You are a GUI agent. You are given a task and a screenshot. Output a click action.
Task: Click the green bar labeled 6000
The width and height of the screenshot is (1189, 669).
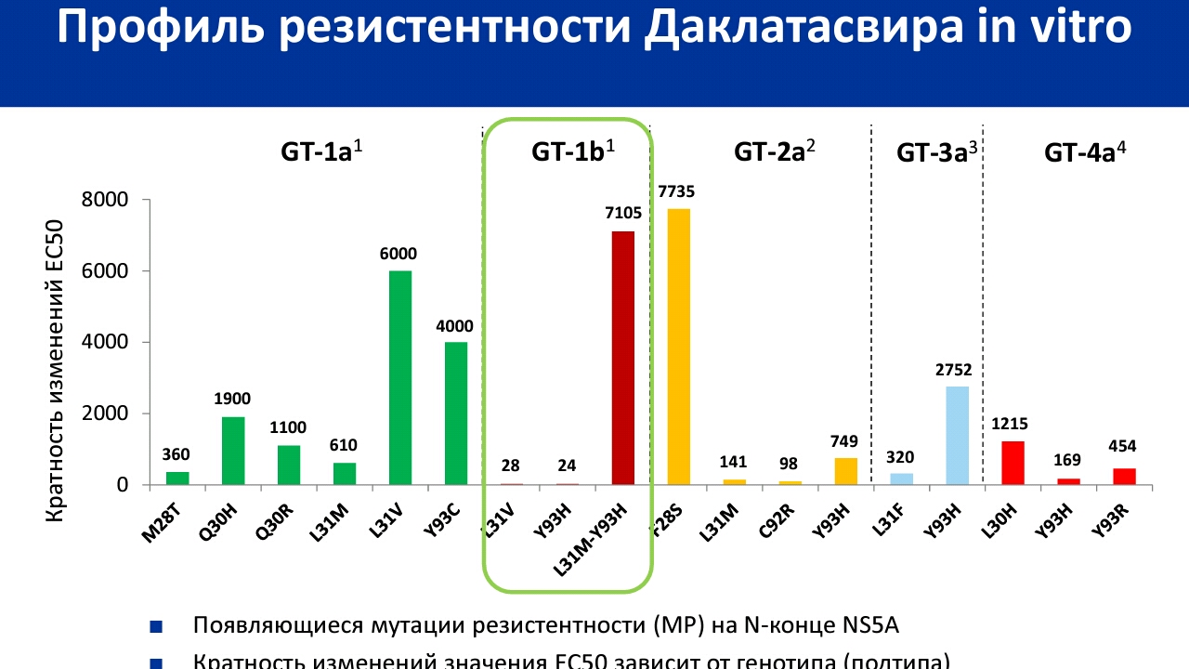pyautogui.click(x=400, y=377)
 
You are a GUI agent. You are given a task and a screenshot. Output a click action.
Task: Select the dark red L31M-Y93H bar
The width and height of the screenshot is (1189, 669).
pyautogui.click(x=623, y=358)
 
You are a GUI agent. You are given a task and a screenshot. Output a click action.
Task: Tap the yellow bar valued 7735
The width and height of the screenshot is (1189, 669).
pyautogui.click(x=679, y=347)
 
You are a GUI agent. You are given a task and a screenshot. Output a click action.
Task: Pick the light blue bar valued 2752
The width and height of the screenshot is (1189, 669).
pyautogui.click(x=957, y=435)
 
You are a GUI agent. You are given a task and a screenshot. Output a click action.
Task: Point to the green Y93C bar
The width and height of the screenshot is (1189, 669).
pyautogui.click(x=456, y=413)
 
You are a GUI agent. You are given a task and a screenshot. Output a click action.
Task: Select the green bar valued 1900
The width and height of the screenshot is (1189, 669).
pyautogui.click(x=233, y=451)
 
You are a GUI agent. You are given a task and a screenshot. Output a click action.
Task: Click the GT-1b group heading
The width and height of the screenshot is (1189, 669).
pyautogui.click(x=573, y=152)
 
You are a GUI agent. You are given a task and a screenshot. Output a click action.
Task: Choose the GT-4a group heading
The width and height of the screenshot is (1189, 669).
pyautogui.click(x=1085, y=152)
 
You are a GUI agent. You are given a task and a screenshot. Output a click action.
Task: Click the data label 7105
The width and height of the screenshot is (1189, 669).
pyautogui.click(x=623, y=214)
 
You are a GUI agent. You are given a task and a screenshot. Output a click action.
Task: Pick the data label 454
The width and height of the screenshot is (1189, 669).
pyautogui.click(x=1124, y=446)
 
